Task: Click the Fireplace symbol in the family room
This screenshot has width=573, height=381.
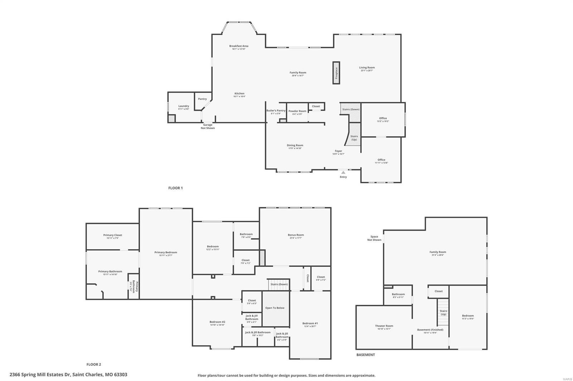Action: [336, 73]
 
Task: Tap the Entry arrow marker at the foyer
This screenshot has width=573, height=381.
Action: [343, 173]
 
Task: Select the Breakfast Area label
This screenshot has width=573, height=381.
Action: [239, 46]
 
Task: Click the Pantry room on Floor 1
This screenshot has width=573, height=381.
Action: [202, 99]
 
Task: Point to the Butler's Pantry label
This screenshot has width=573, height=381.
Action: [276, 111]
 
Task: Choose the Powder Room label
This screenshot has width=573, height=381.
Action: [297, 111]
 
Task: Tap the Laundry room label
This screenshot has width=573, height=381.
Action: [184, 106]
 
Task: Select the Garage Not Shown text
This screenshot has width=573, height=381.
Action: [208, 126]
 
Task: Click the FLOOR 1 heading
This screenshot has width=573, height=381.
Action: [175, 188]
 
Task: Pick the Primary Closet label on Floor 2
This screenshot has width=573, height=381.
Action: [112, 235]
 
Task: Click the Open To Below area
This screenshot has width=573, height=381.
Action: [275, 308]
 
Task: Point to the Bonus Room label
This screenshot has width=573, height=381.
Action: [296, 235]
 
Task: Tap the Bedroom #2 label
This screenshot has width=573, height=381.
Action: [217, 322]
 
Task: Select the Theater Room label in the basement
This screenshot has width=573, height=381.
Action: [384, 326]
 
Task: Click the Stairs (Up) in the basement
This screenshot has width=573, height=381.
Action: [443, 312]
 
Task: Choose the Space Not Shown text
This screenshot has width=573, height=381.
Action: [374, 238]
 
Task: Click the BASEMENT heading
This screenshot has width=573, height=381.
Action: [366, 355]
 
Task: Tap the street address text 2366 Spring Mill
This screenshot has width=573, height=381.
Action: [68, 375]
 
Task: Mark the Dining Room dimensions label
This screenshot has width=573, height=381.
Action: [295, 148]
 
